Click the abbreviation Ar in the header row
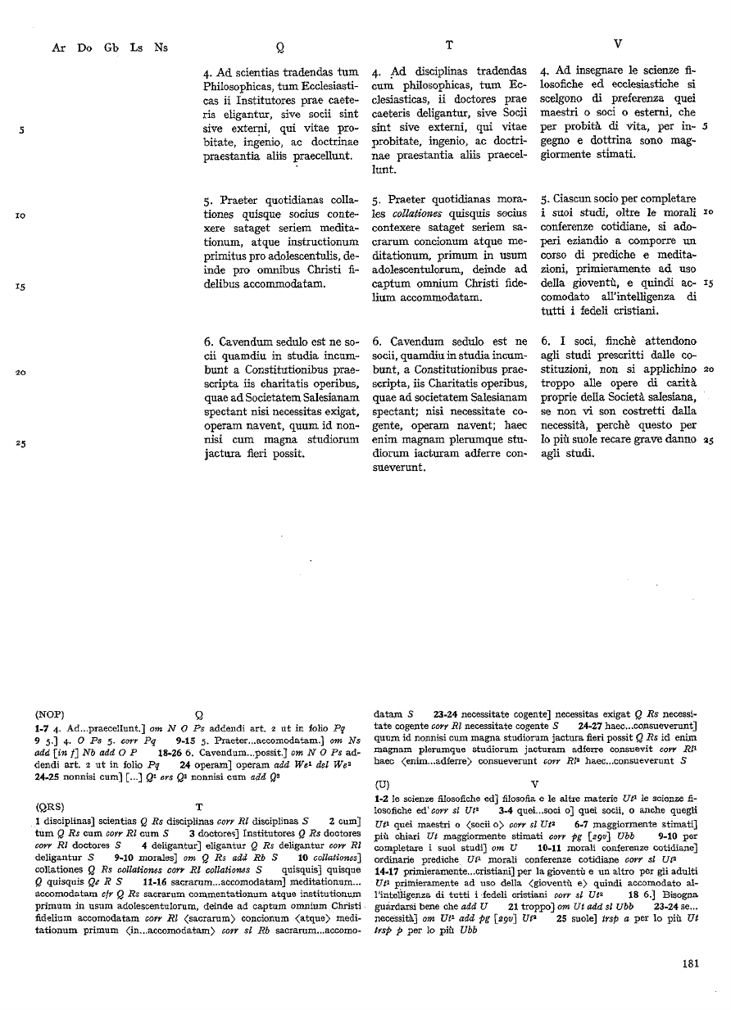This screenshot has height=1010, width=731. (x=58, y=48)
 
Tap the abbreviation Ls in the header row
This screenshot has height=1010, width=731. (x=135, y=48)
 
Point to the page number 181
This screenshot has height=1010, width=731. (x=689, y=963)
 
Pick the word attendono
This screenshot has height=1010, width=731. (x=669, y=341)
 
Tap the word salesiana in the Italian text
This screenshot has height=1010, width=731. (x=670, y=397)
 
